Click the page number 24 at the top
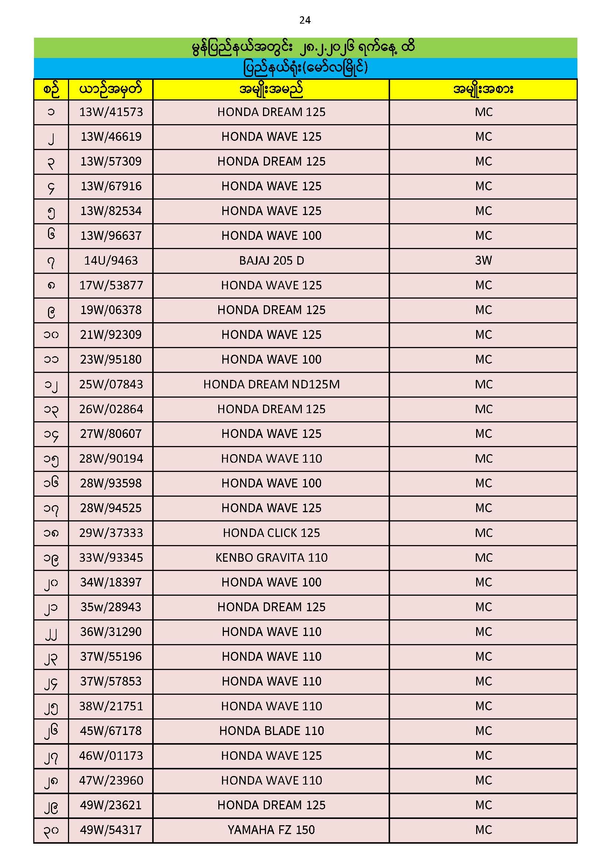pos(305,20)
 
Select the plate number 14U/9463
pos(111,261)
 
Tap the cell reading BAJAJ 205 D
pos(271,261)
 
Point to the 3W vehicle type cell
pos(484,261)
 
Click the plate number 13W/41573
pos(111,112)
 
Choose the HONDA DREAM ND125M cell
pos(271,384)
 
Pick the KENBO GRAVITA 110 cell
pos(271,557)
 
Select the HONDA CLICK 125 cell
pos(271,533)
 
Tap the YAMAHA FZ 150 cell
pos(271,830)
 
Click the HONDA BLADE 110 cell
pos(271,731)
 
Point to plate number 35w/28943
pos(111,607)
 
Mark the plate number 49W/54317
pos(111,830)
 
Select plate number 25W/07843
pos(111,384)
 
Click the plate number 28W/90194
pos(111,458)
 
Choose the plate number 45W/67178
pos(111,731)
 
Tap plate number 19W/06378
pos(111,310)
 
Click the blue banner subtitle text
pos(305,68)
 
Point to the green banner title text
pos(303,48)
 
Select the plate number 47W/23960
pos(111,780)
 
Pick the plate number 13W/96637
pos(111,235)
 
